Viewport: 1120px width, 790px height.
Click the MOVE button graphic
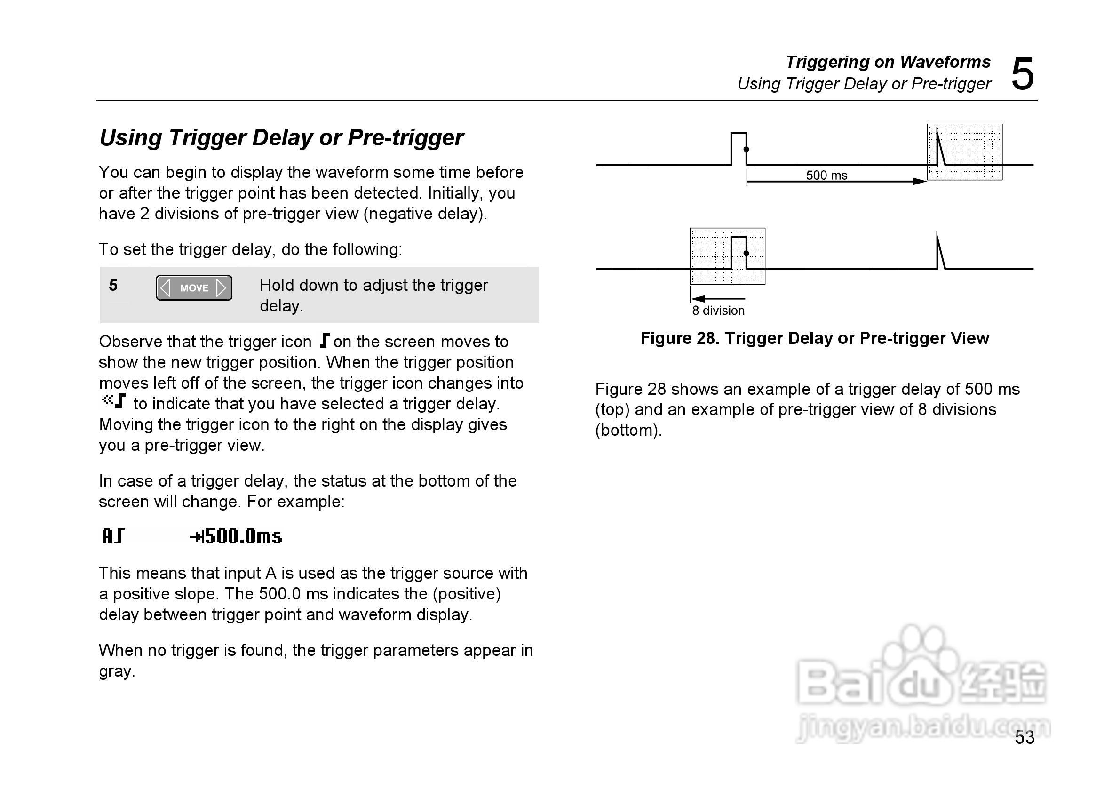(194, 288)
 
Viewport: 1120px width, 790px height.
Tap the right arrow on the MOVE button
(221, 288)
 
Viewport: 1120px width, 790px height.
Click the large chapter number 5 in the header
(1022, 75)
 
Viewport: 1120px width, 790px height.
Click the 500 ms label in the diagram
(826, 175)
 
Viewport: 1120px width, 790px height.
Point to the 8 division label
(718, 311)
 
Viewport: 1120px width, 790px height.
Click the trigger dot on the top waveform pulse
(746, 149)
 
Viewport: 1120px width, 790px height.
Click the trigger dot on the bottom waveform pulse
(746, 253)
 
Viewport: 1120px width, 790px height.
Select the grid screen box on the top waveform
(964, 152)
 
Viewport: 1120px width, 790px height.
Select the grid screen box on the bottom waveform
(727, 256)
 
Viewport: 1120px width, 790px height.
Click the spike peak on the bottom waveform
(937, 235)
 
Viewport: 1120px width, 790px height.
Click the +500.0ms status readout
(236, 537)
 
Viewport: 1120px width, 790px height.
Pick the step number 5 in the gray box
(113, 285)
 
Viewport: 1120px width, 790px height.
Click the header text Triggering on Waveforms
(888, 62)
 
